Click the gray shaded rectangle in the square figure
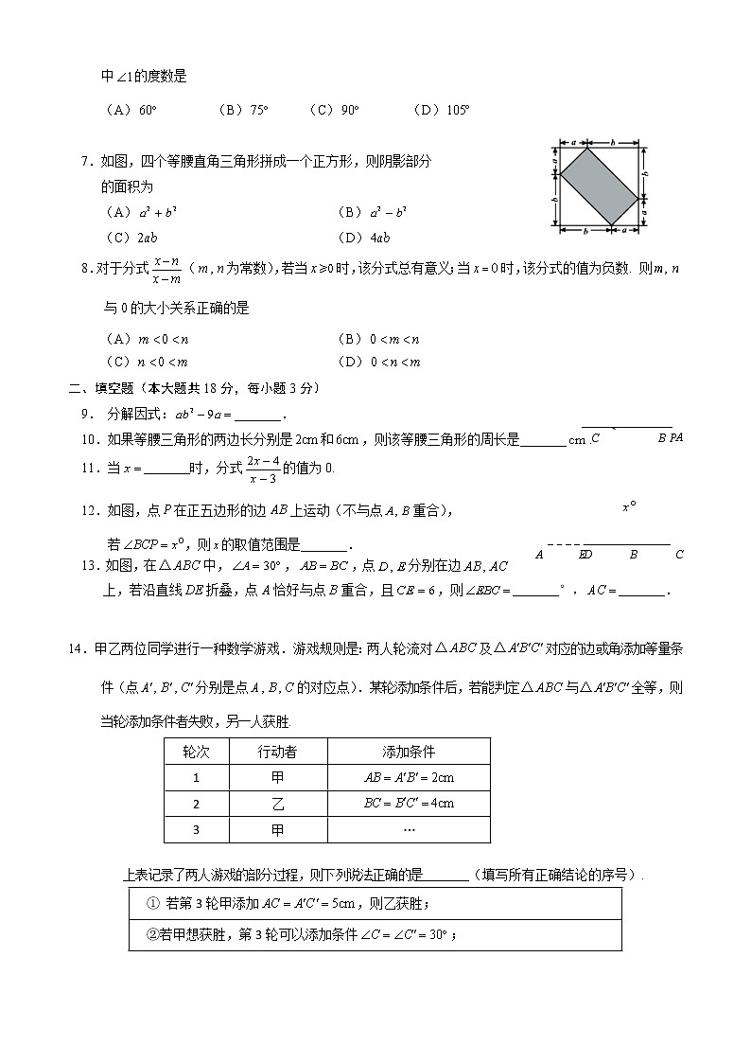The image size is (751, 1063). [x=599, y=186]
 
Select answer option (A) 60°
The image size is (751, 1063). [x=131, y=110]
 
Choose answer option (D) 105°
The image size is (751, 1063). [x=442, y=110]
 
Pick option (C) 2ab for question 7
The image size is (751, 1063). [x=133, y=238]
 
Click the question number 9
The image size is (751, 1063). [x=86, y=414]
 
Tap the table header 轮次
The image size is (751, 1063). [x=196, y=752]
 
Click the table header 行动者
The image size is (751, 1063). [x=277, y=752]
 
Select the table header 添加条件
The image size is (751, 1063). [x=409, y=752]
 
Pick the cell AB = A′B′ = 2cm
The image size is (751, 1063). [x=409, y=777]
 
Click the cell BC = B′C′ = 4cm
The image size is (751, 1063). [x=409, y=804]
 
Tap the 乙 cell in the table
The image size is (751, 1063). [x=277, y=804]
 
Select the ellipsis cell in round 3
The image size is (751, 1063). [x=409, y=829]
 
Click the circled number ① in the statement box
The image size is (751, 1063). [x=152, y=903]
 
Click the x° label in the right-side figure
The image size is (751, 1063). [x=628, y=507]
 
